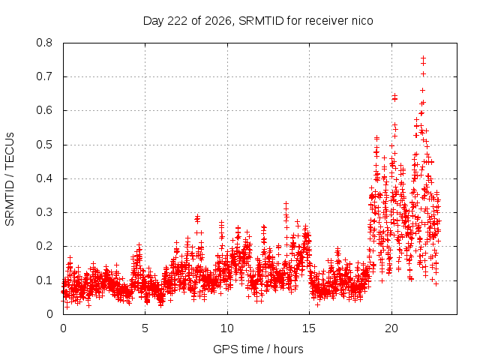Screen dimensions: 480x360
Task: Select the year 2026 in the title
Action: pos(218,21)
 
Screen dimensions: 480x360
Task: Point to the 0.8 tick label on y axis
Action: pos(44,43)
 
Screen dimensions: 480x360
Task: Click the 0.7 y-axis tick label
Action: pos(44,76)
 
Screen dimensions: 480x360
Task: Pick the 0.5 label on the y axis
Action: pos(44,145)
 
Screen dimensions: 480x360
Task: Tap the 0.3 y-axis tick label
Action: pos(44,212)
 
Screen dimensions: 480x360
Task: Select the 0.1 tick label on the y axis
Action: pos(44,280)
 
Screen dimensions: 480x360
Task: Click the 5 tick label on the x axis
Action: pos(145,328)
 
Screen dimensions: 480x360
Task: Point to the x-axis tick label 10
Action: pos(227,328)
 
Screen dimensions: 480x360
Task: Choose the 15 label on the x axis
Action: pos(309,328)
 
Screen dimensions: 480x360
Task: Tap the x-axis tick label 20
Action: pos(391,328)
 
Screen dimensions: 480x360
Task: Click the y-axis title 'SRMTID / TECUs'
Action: pos(10,179)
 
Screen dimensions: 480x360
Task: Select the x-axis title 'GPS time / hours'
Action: pos(258,349)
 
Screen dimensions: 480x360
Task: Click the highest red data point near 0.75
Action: pos(423,58)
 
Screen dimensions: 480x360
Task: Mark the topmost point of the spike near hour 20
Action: pos(395,96)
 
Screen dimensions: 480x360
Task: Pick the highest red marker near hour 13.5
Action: pos(286,203)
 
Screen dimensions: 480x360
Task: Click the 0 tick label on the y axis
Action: pos(49,314)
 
